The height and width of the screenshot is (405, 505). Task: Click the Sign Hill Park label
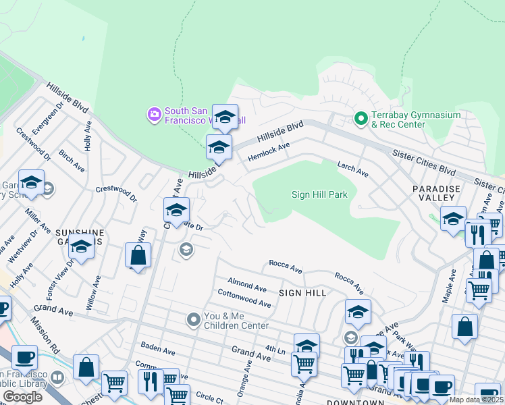[319, 195]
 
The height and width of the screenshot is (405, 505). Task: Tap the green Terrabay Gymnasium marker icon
[361, 119]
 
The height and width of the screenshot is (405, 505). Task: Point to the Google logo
[22, 397]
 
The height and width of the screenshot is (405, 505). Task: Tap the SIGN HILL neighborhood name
[302, 293]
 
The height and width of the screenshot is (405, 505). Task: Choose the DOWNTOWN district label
[356, 402]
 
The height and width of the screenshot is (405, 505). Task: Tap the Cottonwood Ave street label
[244, 299]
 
